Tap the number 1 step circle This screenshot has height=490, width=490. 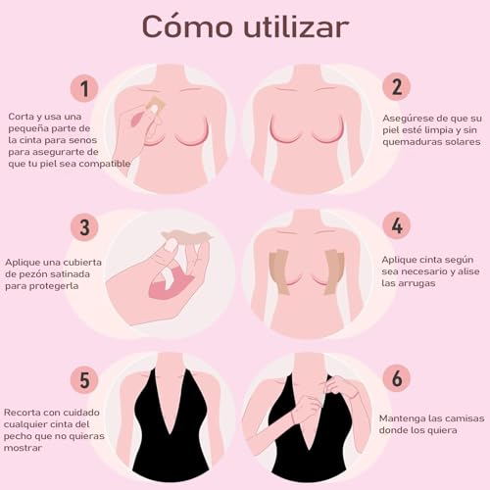84,89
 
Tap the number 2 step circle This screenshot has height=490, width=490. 397,86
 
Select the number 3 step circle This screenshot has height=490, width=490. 84,227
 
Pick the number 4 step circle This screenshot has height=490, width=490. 397,226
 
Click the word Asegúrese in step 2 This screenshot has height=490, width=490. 406,117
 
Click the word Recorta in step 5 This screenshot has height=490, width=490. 24,412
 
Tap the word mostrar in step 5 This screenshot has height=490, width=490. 24,448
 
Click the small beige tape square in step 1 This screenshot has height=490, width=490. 155,103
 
